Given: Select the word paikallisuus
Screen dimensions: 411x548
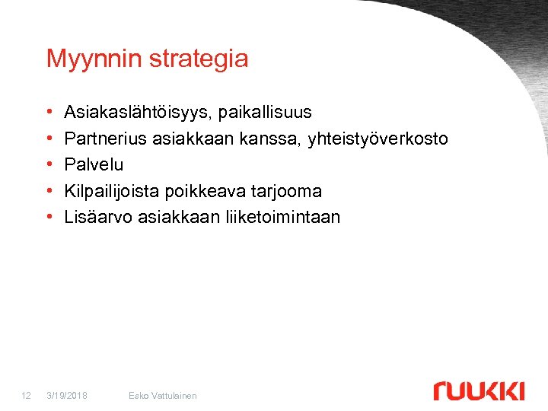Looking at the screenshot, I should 266,113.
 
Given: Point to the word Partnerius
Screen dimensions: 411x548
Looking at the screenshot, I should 106,139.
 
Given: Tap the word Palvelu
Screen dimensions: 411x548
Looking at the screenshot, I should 94,164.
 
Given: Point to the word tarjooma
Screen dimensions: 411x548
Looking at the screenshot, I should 285,191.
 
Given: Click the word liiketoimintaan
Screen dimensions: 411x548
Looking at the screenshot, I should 282,217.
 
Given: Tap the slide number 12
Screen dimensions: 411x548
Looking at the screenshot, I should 26,395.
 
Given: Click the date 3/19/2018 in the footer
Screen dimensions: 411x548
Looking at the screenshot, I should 67,395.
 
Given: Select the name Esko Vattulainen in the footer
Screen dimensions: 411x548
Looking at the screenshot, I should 163,395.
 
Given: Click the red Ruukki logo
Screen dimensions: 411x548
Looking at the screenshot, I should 479,390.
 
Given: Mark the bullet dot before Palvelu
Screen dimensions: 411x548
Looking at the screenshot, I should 49,165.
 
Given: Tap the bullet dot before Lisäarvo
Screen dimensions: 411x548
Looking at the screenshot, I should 49,218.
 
